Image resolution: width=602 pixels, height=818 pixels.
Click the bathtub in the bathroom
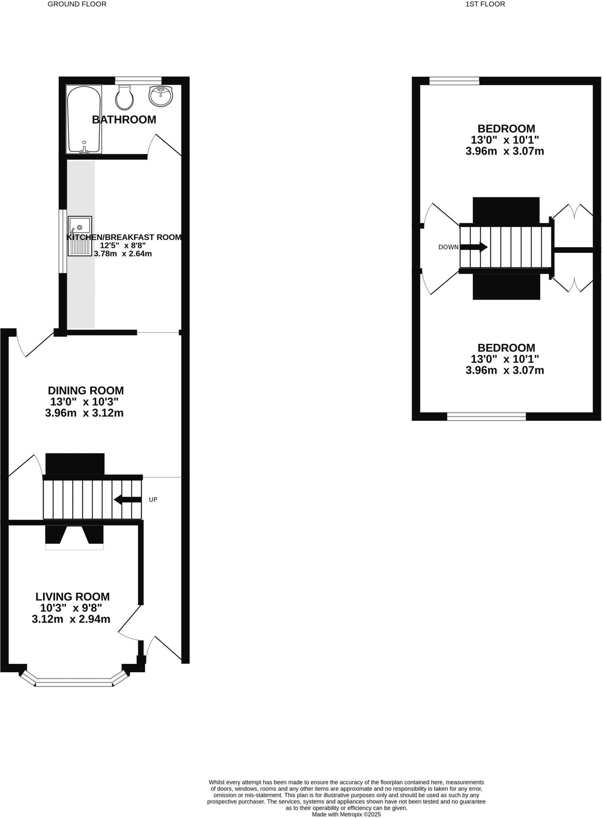pyautogui.click(x=84, y=119)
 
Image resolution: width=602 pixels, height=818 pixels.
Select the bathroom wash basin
pyautogui.click(x=160, y=96)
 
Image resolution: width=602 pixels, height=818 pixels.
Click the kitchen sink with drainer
pyautogui.click(x=80, y=236)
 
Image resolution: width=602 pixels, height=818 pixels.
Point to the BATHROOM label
pyautogui.click(x=124, y=119)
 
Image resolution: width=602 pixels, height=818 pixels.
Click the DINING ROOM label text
pyautogui.click(x=85, y=390)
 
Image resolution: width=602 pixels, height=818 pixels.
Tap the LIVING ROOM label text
pyautogui.click(x=72, y=597)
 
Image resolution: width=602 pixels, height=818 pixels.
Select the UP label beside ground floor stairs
pyautogui.click(x=153, y=499)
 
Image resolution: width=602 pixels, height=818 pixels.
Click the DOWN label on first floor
pyautogui.click(x=448, y=247)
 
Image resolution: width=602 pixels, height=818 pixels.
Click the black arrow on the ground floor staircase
pyautogui.click(x=127, y=499)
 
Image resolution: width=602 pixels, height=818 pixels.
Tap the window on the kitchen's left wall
pyautogui.click(x=63, y=241)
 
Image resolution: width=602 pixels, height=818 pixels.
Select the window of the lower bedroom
pyautogui.click(x=486, y=417)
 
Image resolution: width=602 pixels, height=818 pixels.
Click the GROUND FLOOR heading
pyautogui.click(x=77, y=4)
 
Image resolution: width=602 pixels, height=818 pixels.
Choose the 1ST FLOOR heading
pyautogui.click(x=485, y=4)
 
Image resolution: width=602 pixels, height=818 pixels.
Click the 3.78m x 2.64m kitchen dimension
pyautogui.click(x=123, y=254)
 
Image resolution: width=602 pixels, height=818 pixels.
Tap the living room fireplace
pyautogui.click(x=74, y=536)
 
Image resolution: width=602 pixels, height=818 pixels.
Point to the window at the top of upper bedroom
pyautogui.click(x=454, y=81)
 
